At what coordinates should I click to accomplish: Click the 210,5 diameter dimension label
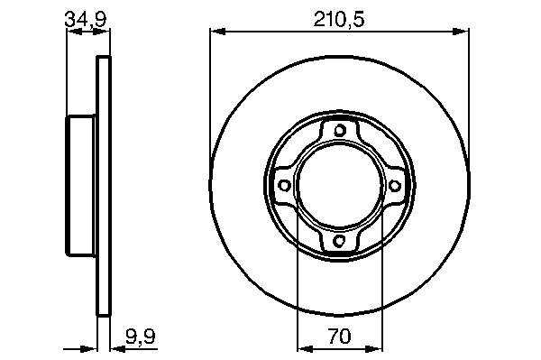click(x=338, y=20)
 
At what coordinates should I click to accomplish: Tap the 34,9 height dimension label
click(x=87, y=19)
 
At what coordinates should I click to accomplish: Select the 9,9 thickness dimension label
click(x=141, y=337)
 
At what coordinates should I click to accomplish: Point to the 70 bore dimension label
click(x=340, y=337)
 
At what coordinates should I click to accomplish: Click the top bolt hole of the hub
click(x=340, y=130)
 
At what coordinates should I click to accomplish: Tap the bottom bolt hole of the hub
click(x=340, y=240)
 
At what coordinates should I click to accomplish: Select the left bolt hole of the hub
click(x=284, y=185)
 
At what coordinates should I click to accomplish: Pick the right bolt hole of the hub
click(x=395, y=186)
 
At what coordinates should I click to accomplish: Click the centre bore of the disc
click(x=340, y=185)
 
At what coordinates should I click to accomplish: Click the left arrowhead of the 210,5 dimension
click(x=217, y=32)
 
